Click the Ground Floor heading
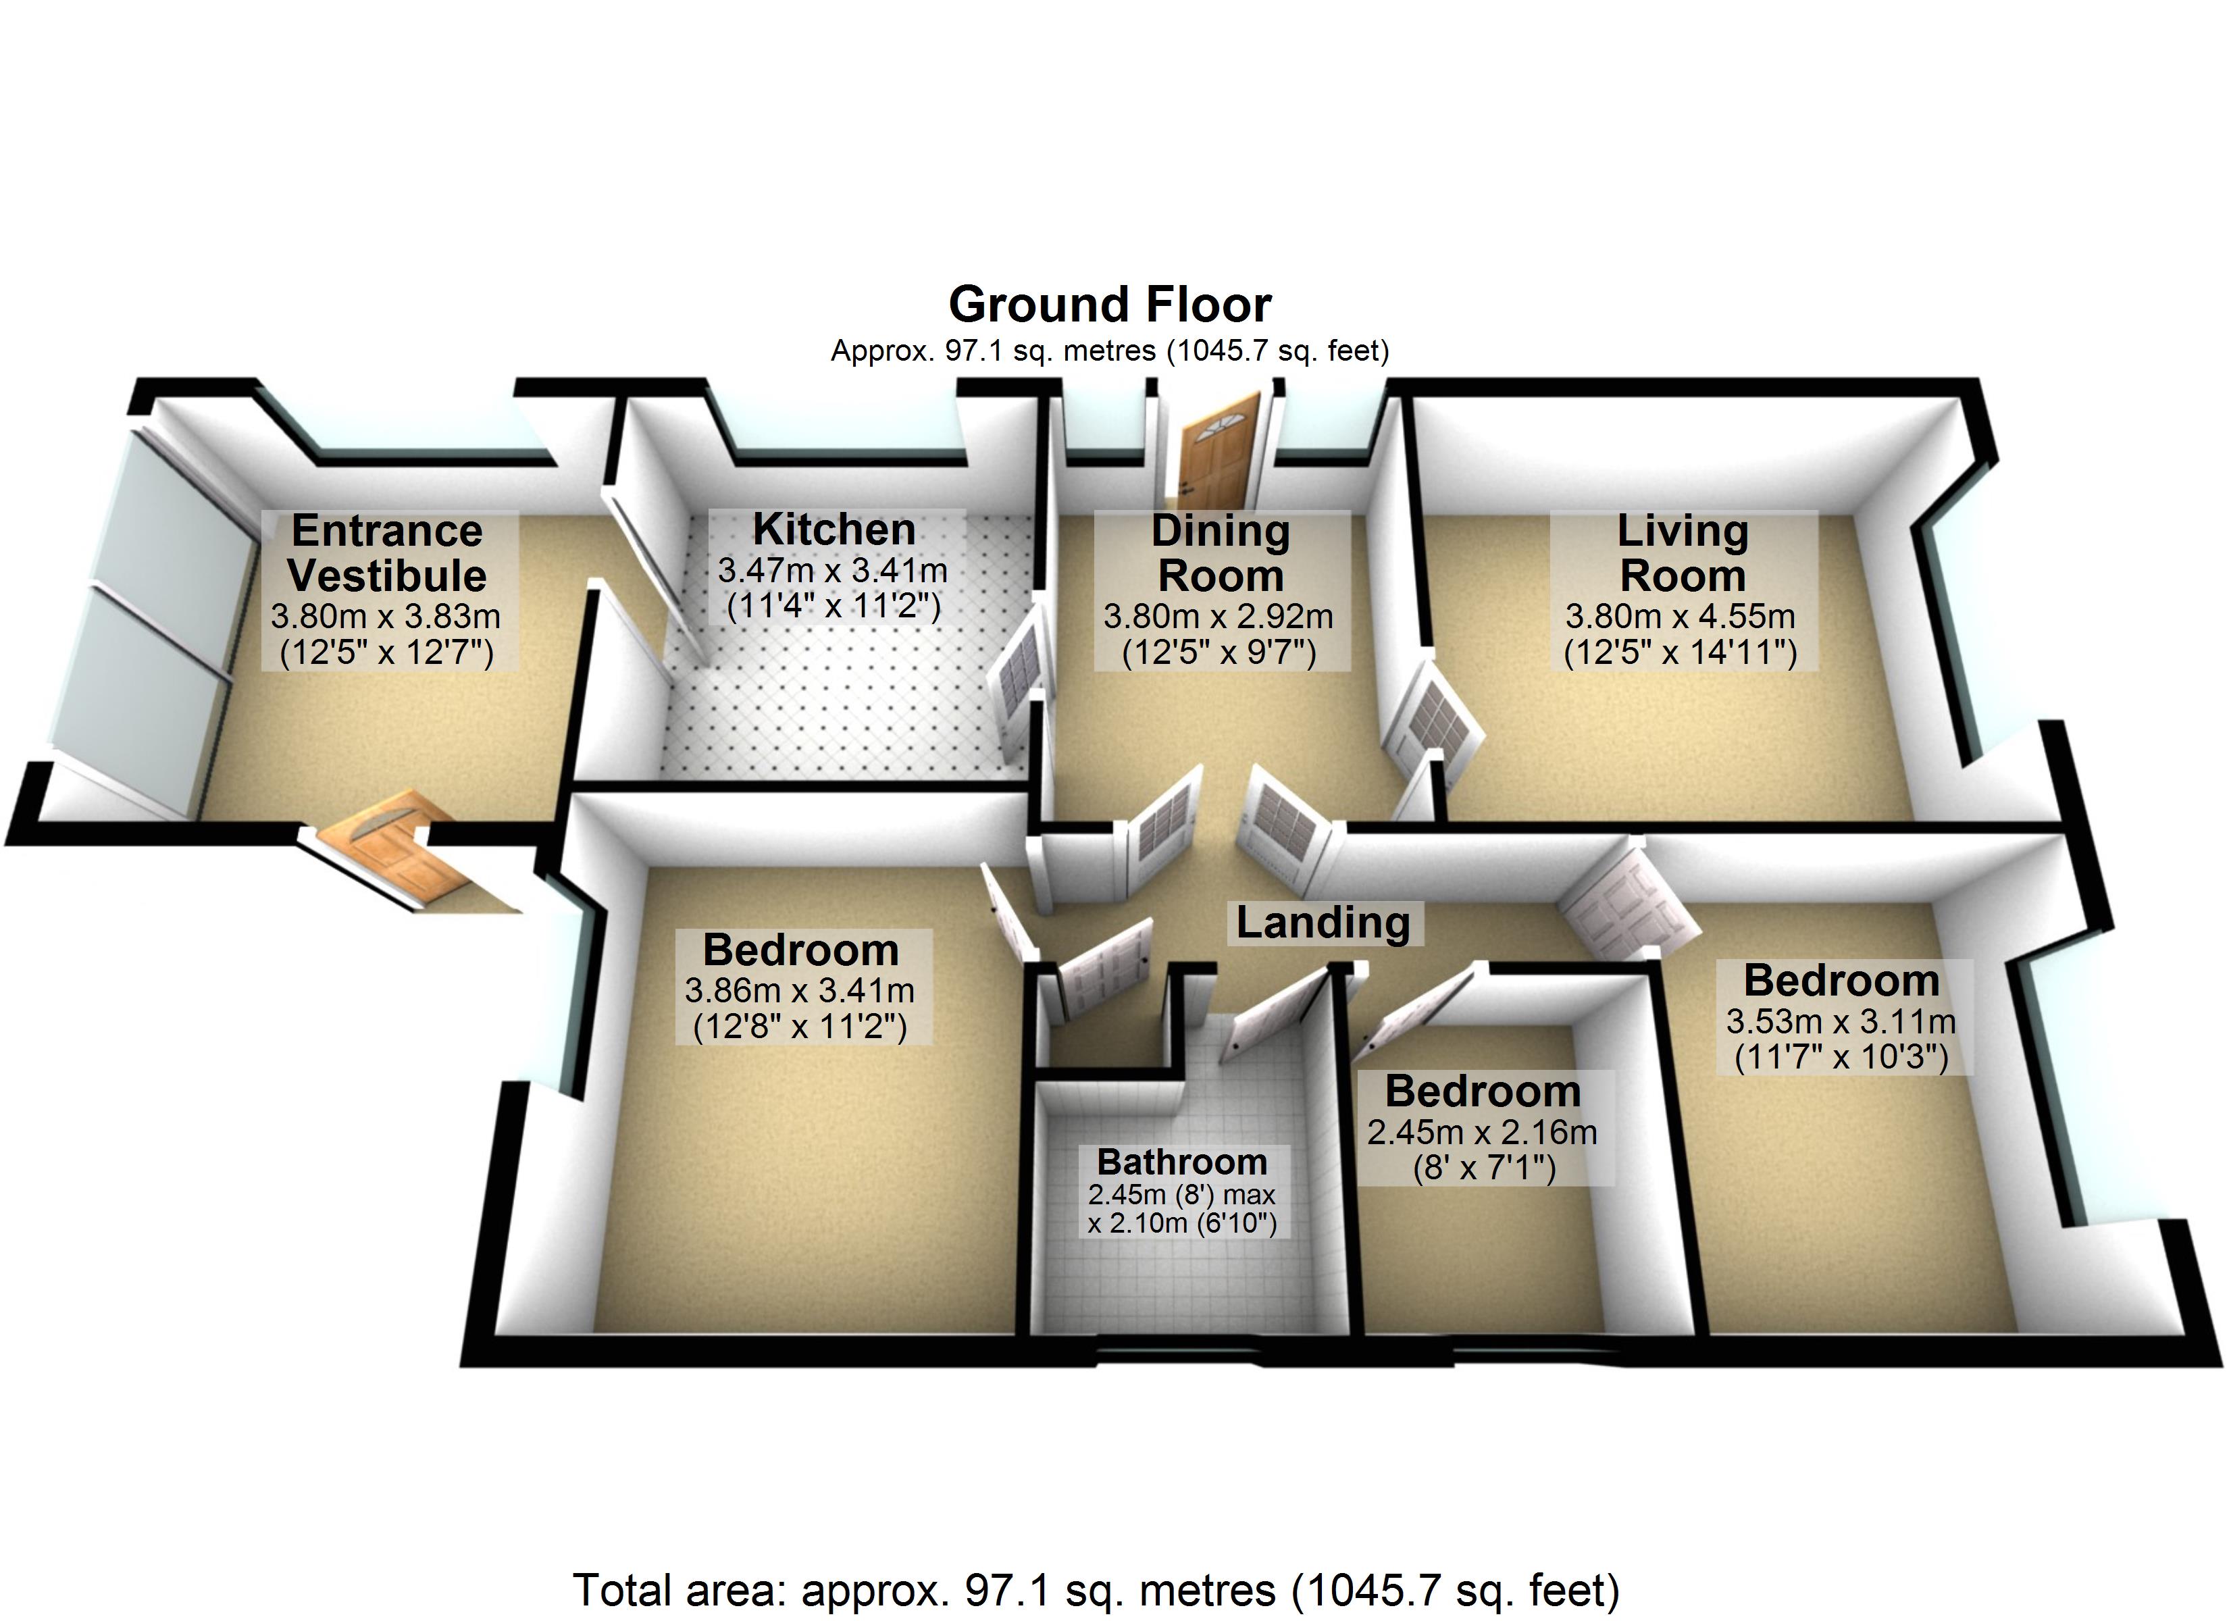1110,305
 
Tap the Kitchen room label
834,529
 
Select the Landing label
1323,923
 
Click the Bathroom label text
1182,1162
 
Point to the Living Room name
1683,552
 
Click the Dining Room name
1221,552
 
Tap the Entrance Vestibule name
386,552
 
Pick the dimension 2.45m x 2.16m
1482,1133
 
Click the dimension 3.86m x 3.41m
800,991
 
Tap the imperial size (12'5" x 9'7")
1220,652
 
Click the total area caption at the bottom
1096,1589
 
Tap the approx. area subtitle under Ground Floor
1110,351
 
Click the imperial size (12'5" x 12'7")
386,652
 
